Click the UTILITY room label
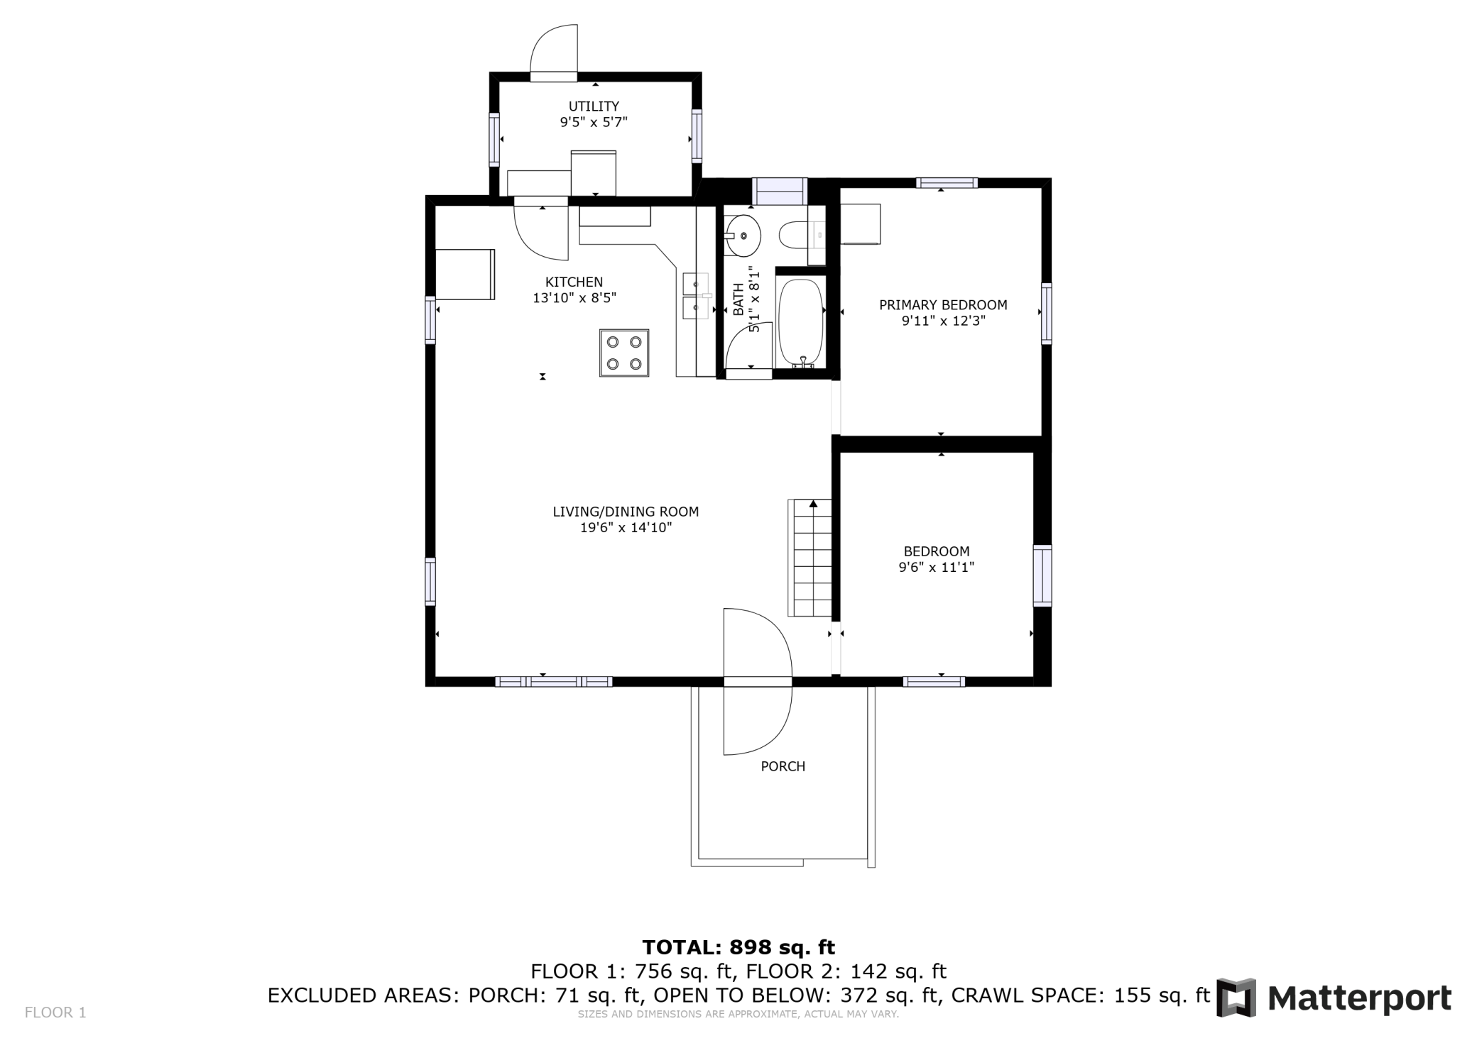pyautogui.click(x=594, y=106)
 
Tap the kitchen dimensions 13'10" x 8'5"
pyautogui.click(x=574, y=298)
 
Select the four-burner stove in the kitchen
pyautogui.click(x=624, y=353)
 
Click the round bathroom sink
pyautogui.click(x=743, y=235)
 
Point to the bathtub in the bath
pyautogui.click(x=802, y=323)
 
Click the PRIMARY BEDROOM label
pyautogui.click(x=943, y=305)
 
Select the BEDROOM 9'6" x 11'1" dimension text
pyautogui.click(x=937, y=567)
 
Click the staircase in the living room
pyautogui.click(x=810, y=558)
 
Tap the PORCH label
pyautogui.click(x=783, y=766)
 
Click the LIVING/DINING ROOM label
pyautogui.click(x=626, y=512)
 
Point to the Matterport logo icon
pyautogui.click(x=1236, y=998)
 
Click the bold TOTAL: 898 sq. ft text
pyautogui.click(x=738, y=947)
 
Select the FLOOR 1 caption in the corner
pyautogui.click(x=55, y=1012)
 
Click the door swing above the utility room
pyautogui.click(x=554, y=49)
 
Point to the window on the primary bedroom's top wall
pyautogui.click(x=947, y=183)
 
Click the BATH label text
pyautogui.click(x=738, y=299)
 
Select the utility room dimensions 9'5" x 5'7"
pyautogui.click(x=594, y=122)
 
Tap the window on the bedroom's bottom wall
pyautogui.click(x=934, y=682)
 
